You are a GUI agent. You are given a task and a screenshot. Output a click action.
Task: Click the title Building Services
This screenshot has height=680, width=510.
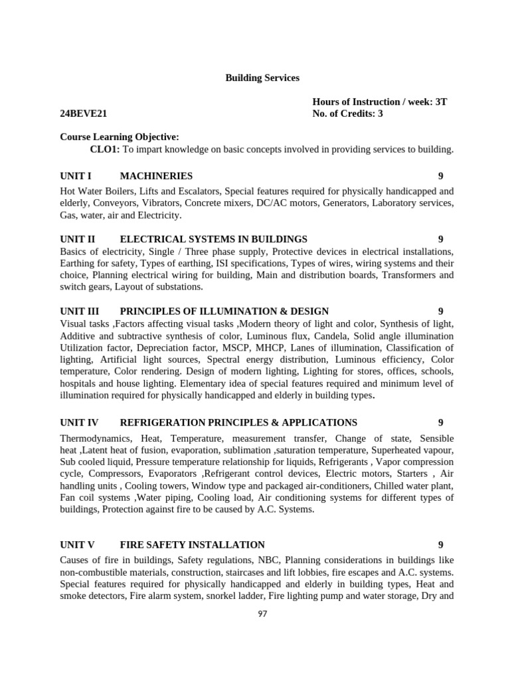(x=262, y=78)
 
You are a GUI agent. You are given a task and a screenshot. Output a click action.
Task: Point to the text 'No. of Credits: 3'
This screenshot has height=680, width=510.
(x=347, y=114)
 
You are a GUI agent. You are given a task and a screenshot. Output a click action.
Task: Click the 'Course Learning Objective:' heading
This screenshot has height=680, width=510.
(x=119, y=136)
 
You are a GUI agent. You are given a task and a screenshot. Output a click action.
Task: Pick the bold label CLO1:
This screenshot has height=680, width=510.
(x=104, y=149)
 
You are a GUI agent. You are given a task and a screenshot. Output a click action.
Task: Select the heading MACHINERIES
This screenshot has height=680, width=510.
(x=156, y=176)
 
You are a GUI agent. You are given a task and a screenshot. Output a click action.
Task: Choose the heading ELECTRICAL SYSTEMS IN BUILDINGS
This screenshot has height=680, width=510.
(x=213, y=239)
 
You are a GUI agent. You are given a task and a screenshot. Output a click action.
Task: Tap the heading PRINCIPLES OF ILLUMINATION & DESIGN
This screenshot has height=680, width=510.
(x=224, y=311)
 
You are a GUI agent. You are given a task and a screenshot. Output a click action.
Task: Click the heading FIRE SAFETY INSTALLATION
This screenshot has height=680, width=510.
(x=192, y=545)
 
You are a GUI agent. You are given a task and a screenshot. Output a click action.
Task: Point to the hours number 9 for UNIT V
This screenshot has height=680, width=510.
(x=440, y=545)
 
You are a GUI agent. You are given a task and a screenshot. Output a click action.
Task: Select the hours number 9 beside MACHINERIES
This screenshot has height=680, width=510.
(x=440, y=176)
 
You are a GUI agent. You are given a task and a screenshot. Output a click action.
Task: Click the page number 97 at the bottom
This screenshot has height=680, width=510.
(x=262, y=614)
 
